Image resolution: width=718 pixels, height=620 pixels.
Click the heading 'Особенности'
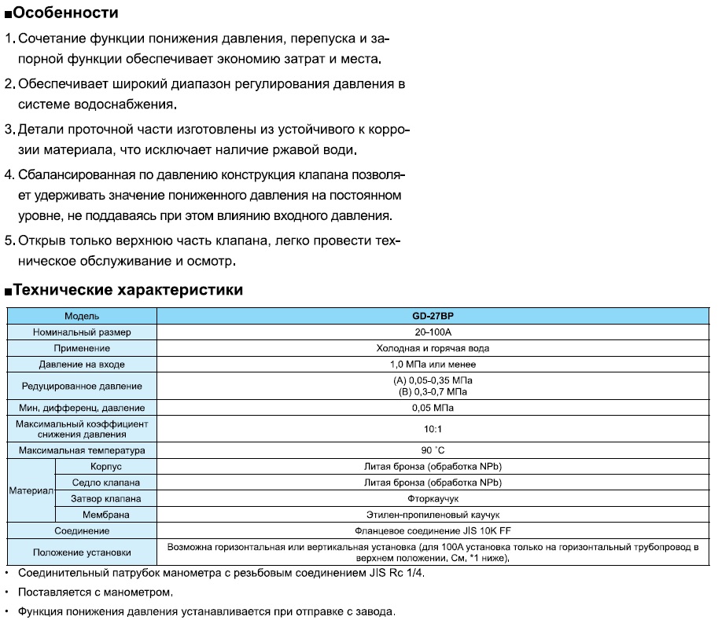pos(66,13)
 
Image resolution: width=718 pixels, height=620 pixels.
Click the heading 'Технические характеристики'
pos(127,290)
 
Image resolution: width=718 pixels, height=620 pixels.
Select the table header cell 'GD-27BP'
pos(433,316)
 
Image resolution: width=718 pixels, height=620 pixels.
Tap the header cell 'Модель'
pos(82,316)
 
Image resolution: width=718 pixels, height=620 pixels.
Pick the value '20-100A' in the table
pos(433,332)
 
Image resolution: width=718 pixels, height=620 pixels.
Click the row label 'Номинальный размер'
pos(82,332)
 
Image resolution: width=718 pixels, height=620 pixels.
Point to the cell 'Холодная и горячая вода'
pos(433,348)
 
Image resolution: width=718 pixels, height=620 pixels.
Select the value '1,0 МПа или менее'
pos(433,365)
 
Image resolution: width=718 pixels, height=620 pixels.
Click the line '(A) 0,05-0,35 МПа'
pos(433,380)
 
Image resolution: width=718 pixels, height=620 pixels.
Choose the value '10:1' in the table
pos(433,429)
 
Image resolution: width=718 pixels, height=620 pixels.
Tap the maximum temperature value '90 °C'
pos(433,451)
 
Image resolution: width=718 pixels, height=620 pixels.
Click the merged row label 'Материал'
pos(31,490)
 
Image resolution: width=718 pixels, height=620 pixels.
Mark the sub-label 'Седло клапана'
pos(105,482)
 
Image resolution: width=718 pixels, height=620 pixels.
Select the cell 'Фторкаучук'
pos(433,498)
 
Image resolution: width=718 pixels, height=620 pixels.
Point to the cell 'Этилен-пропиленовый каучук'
pos(433,515)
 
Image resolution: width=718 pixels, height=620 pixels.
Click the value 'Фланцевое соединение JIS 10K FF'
pos(433,530)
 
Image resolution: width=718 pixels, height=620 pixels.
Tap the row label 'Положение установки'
pos(82,552)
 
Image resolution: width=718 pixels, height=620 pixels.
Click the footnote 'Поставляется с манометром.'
pos(94,592)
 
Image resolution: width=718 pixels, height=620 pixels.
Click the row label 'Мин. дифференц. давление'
pos(82,408)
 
